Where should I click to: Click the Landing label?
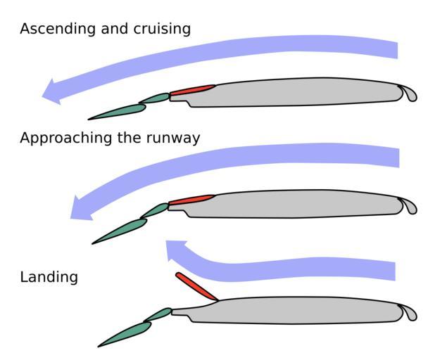(x=49, y=277)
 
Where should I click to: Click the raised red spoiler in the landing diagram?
(x=196, y=287)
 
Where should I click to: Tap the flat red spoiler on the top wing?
(x=192, y=90)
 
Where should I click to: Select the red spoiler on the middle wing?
(x=191, y=200)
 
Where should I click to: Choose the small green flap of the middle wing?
(x=154, y=210)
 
